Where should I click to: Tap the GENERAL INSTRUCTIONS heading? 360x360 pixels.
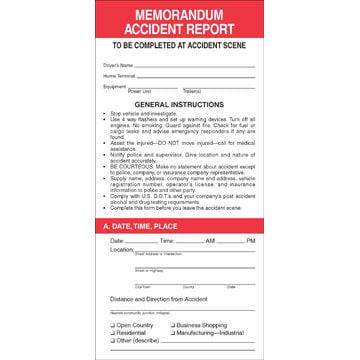point(179,104)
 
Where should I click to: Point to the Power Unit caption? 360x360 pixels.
point(139,91)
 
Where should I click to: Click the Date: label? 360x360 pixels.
point(117,241)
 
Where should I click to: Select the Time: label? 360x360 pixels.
point(166,241)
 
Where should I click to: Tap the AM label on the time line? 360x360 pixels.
point(210,241)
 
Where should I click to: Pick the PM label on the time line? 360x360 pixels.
point(250,241)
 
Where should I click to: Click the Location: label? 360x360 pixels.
point(121,250)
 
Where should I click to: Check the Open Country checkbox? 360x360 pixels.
point(112,325)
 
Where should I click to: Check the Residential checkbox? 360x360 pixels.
point(112,332)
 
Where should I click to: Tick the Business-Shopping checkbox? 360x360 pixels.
point(174,325)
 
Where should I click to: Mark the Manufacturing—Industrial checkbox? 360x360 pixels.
point(174,332)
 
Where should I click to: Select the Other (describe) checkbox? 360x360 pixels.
point(112,339)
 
